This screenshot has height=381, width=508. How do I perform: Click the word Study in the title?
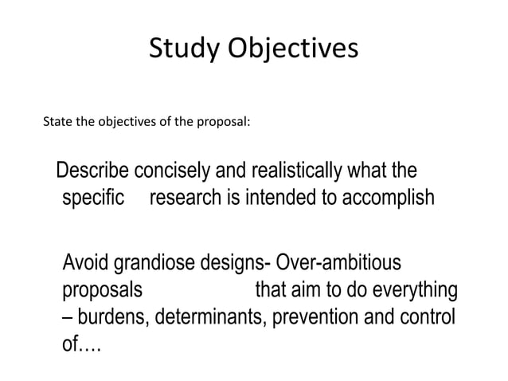tap(178, 49)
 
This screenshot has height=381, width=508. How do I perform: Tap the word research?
tap(188, 197)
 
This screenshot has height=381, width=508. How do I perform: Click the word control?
tap(427, 315)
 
